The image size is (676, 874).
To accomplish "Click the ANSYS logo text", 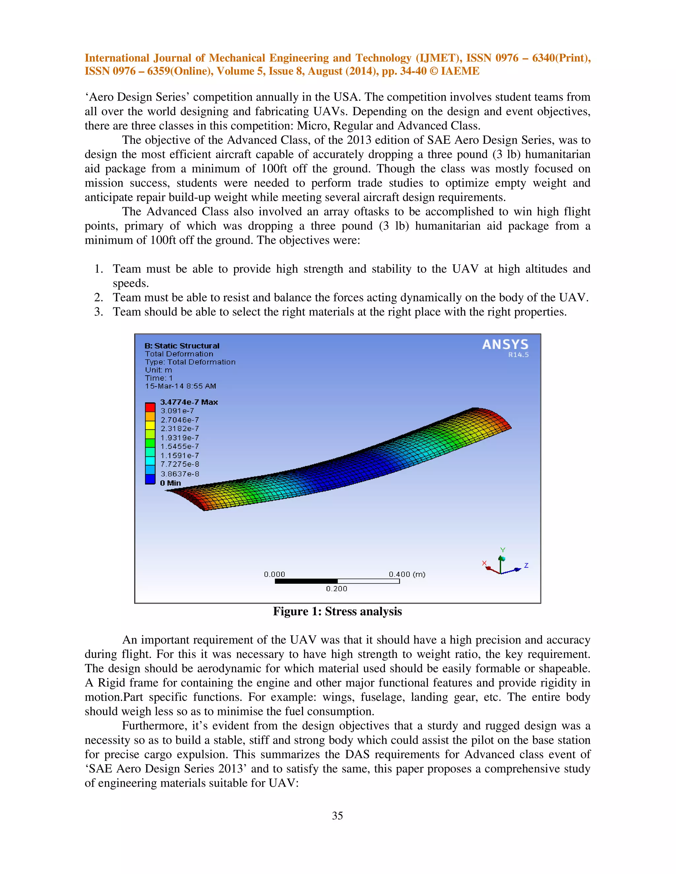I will coord(505,345).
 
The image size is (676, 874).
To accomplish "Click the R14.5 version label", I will coord(518,355).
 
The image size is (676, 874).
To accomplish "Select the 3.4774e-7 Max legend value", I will coord(188,402).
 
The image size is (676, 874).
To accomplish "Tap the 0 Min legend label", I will coord(171,483).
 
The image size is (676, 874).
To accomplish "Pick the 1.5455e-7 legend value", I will coord(180,446).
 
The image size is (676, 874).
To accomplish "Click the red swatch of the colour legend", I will coord(150,407).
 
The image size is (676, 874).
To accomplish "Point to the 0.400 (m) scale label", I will coord(407,574).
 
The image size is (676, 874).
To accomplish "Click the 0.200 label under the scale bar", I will coord(336,589).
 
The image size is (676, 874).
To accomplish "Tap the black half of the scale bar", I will coord(306,581).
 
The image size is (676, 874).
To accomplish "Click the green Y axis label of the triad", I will coord(503,550).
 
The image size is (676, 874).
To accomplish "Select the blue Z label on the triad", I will coord(526,565).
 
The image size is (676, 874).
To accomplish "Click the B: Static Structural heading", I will coord(182,346).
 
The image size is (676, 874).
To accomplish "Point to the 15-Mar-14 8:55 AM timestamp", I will coord(180,386).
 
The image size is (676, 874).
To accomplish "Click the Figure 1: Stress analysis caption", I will coord(337,611).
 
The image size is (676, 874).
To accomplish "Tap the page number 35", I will coord(337,816).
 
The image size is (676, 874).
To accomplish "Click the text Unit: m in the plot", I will coord(158,370).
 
